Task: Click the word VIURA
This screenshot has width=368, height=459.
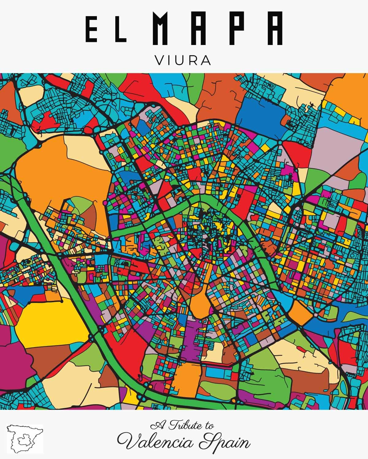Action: (x=183, y=60)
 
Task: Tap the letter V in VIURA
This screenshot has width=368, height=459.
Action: (x=161, y=60)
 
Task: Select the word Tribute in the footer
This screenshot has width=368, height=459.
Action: (x=184, y=425)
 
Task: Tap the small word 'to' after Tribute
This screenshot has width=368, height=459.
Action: (x=209, y=426)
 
